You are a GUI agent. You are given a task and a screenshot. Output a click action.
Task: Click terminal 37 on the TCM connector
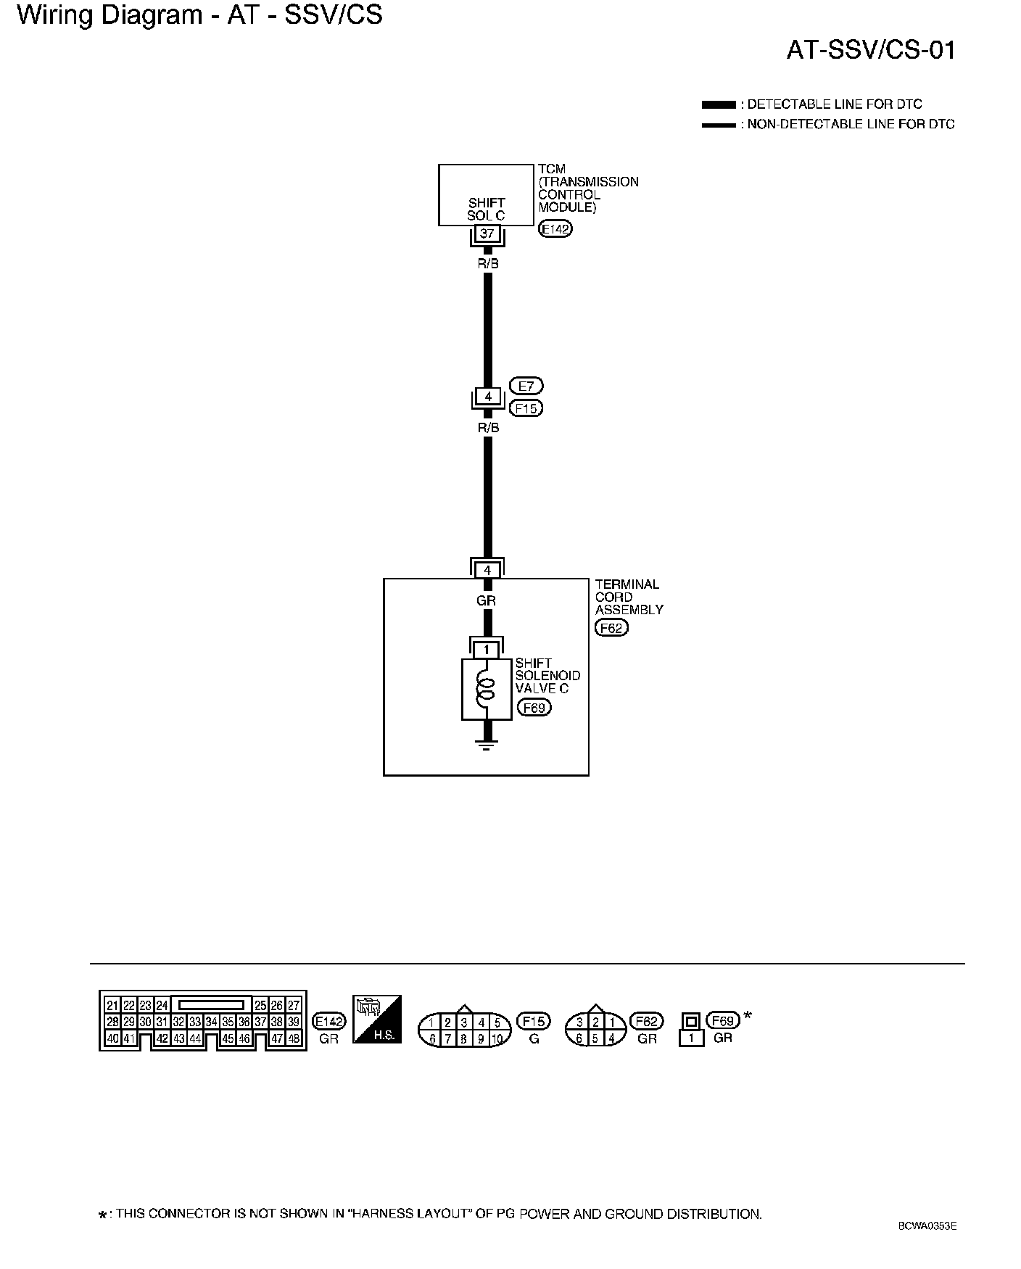487,233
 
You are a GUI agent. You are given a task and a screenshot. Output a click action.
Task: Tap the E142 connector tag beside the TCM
556,230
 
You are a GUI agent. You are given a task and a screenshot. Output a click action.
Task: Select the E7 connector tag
526,386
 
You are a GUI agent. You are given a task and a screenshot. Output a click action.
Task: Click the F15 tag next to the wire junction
526,408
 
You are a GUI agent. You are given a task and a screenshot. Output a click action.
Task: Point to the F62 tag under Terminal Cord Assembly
611,628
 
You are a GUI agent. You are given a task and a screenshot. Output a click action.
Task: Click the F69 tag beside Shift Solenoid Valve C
534,707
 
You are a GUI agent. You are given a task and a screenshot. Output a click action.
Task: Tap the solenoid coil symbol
486,690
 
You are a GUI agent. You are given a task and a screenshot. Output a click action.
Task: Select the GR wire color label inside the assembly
487,601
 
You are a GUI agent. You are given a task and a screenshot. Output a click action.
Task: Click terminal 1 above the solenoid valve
487,650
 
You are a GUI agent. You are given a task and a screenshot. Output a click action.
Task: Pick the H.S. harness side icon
377,1019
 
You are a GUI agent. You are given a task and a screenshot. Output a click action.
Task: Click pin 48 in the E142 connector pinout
294,1038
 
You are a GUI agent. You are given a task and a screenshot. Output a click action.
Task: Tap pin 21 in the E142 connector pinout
112,1005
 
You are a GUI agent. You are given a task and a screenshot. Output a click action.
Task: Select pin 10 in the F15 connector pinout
497,1038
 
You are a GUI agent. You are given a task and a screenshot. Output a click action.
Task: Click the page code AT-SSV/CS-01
871,50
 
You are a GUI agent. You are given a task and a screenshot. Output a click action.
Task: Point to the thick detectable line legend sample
719,104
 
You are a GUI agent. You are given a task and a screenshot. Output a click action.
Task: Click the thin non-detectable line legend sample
719,125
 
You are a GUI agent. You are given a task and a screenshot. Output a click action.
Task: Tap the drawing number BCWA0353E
927,1226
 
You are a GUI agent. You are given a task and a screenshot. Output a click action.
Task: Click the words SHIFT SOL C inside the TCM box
487,209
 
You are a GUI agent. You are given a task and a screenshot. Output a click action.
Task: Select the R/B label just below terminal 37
488,264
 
